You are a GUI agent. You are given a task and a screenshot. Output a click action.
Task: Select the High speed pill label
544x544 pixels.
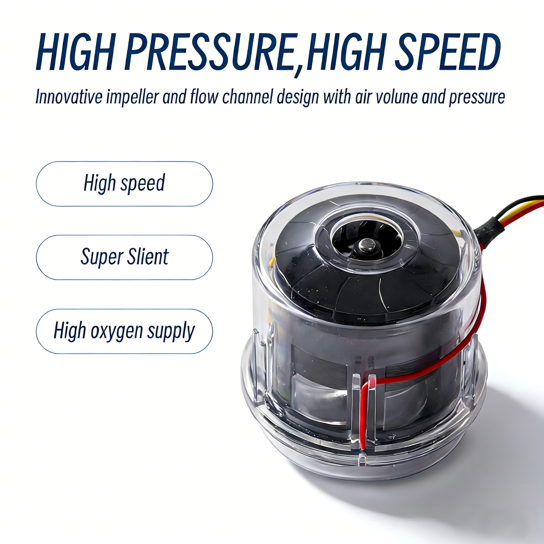point(124,184)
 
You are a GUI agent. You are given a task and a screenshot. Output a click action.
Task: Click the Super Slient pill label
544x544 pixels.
point(124,257)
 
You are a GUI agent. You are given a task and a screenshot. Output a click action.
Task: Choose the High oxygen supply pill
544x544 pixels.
point(124,331)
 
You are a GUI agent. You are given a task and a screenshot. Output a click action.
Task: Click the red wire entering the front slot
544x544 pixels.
point(364,408)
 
